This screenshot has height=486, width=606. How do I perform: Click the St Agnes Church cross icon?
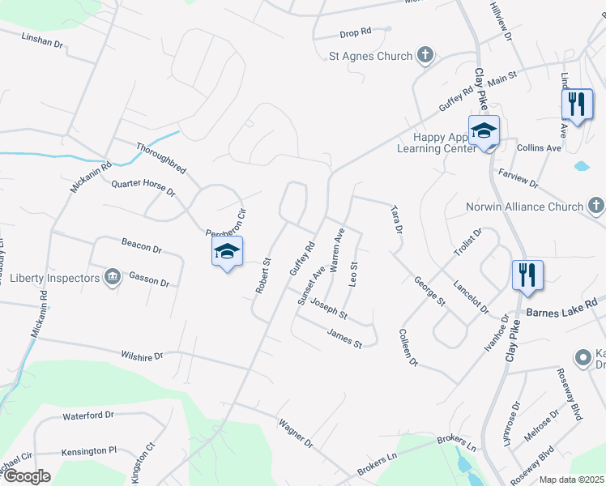(425, 56)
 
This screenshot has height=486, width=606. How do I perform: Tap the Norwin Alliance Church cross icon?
(596, 206)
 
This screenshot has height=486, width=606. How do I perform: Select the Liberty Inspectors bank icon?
(113, 278)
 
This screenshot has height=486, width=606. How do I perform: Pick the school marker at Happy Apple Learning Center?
(484, 131)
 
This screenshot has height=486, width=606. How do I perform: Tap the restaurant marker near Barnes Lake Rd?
(527, 274)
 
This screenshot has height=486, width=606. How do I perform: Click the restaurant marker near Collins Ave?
(577, 104)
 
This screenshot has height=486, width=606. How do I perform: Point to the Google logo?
(26, 476)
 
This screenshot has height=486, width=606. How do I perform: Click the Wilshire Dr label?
(142, 355)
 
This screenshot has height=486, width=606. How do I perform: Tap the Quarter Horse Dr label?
(143, 188)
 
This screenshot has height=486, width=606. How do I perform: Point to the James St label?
(344, 338)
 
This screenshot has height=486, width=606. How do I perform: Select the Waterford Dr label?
(88, 416)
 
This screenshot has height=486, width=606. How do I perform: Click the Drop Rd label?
(355, 32)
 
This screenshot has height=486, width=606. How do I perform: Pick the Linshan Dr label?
(42, 39)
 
